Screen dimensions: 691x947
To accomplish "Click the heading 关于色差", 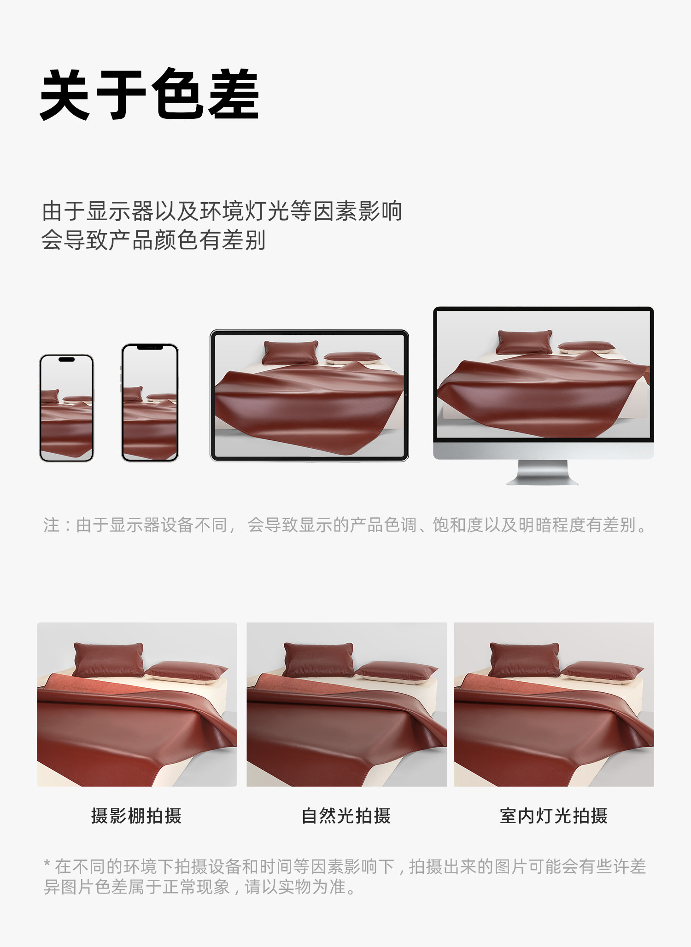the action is (150, 94).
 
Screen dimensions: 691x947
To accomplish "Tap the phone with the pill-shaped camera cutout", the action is (67, 408).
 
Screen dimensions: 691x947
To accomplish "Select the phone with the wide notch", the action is (150, 403).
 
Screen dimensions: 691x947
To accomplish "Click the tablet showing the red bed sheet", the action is (309, 395).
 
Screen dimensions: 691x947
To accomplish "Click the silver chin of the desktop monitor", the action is (544, 450).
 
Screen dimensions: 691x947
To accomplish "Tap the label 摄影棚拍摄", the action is (136, 816).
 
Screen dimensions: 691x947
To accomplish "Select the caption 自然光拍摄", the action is (346, 816).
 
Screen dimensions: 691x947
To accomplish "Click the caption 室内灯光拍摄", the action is (554, 816).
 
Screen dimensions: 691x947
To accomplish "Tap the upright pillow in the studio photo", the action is (109, 660).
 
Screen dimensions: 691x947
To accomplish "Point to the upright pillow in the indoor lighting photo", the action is (525, 660).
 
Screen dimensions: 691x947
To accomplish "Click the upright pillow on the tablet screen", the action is (290, 352).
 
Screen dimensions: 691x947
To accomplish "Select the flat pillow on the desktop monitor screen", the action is (586, 346).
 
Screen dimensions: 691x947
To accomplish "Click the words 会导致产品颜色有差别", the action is (153, 240).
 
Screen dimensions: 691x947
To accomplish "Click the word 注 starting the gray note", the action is (51, 525).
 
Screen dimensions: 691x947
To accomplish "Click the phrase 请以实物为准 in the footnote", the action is (295, 887).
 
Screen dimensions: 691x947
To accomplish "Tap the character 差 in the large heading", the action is (234, 94).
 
